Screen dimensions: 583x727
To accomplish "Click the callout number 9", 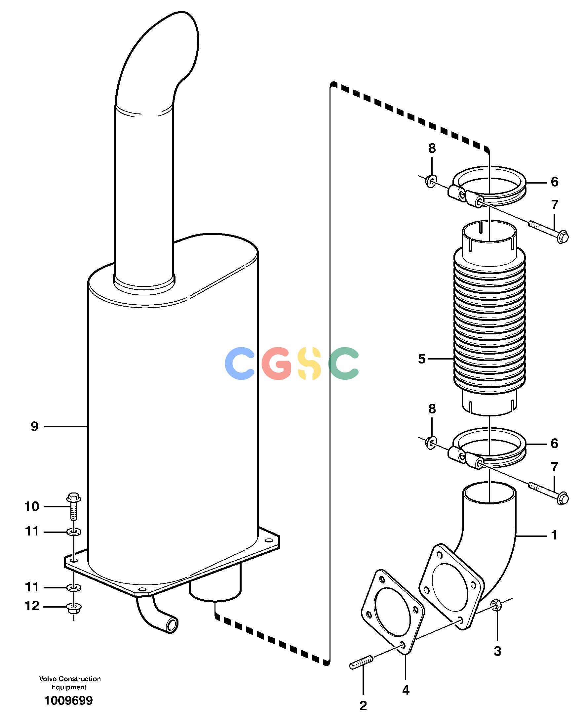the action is pos(35,427).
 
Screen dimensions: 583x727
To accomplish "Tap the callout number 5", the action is pos(422,359).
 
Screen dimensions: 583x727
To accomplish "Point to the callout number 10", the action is pos(32,506).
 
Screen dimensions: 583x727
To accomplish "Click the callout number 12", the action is pos(32,606).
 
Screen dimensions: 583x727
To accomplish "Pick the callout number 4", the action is pos(406,690).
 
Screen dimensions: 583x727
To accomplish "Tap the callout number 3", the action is pos(498,651).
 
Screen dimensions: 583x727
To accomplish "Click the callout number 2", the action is pos(363,706).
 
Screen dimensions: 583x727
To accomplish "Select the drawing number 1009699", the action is pos(69,701).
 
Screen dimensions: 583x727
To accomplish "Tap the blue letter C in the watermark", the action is pos(240,363).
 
